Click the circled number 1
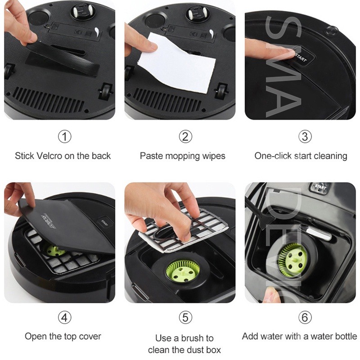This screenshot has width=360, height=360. [x=64, y=137]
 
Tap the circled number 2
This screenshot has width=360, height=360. [x=185, y=137]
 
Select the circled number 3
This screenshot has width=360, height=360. [x=305, y=137]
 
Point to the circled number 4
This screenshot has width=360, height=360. [x=64, y=318]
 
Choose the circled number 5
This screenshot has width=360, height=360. [x=185, y=318]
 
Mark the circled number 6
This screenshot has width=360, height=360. [x=305, y=318]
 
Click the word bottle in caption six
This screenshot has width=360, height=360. [x=346, y=336]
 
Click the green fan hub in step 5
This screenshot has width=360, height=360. [x=181, y=273]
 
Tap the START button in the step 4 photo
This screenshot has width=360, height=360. [x=104, y=222]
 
